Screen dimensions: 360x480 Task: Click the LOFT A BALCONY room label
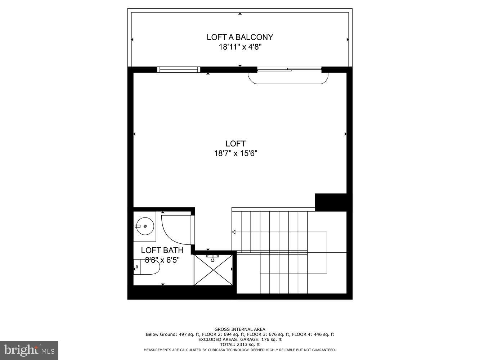coord(240,37)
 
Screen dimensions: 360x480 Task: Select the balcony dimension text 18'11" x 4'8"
coord(240,47)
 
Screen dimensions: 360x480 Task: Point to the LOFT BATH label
coord(162,250)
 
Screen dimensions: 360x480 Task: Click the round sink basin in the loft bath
coord(145,226)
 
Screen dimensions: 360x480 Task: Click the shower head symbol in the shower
coord(213,257)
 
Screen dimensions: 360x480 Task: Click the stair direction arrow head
coord(234,232)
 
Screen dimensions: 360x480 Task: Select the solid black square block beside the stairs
coord(331,202)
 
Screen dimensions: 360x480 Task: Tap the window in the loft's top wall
coord(179,69)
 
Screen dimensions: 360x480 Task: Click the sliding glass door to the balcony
coord(289,69)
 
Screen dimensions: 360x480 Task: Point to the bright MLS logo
coord(29,350)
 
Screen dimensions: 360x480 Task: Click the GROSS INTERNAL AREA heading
coord(240,329)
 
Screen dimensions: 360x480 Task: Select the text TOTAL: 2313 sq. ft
coord(240,345)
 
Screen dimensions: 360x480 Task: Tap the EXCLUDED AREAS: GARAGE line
coord(240,339)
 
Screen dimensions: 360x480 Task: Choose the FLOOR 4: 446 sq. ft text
coord(313,334)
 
